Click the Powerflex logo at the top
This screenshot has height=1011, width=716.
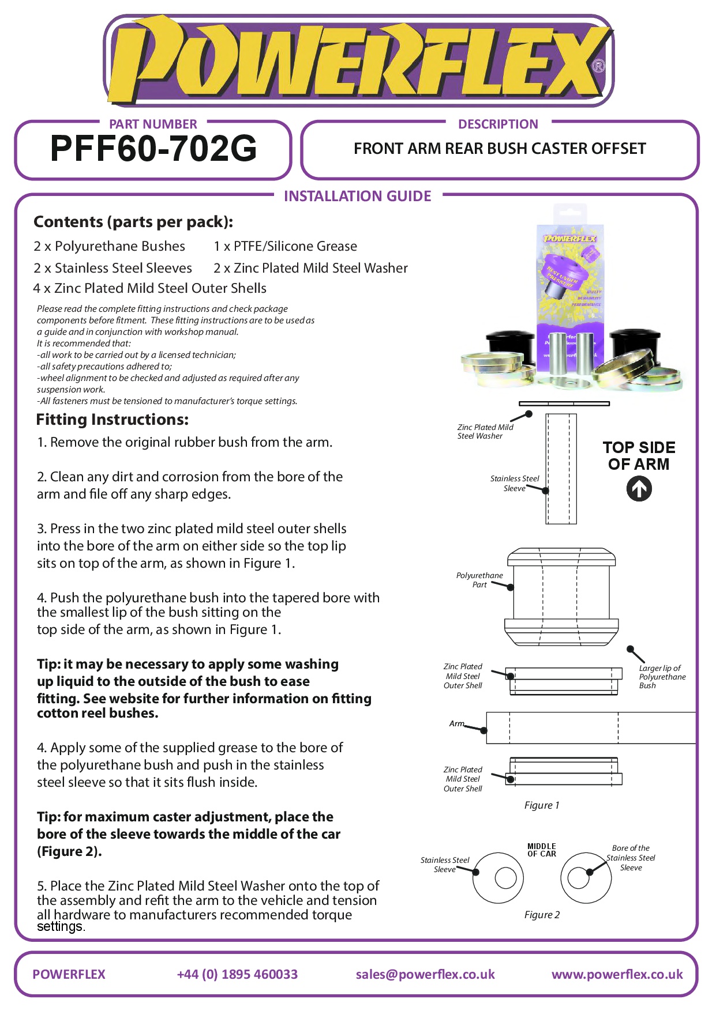tap(358, 61)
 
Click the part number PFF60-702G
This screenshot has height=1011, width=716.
tap(153, 149)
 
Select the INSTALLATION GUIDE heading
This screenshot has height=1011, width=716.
tap(357, 196)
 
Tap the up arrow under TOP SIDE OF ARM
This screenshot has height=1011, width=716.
tap(639, 489)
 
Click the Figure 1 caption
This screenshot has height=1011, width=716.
tap(541, 805)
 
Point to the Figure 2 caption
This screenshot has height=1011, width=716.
tap(541, 915)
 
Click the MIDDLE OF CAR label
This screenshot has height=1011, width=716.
tap(541, 850)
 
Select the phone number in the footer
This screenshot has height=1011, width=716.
tap(237, 974)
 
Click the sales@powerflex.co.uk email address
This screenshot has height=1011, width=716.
tap(425, 974)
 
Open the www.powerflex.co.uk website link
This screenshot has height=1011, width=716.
tap(617, 974)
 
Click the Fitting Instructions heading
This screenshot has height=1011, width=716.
tap(112, 420)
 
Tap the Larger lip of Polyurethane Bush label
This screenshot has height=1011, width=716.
tap(662, 677)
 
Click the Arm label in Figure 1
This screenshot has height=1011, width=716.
tap(456, 723)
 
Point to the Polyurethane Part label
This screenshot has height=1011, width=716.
tap(479, 580)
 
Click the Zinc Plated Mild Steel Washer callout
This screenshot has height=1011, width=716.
tap(485, 432)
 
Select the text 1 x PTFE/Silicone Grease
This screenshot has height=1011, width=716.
tap(285, 246)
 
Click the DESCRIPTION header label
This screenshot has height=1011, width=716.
tap(498, 124)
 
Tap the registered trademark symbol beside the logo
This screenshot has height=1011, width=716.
tap(599, 66)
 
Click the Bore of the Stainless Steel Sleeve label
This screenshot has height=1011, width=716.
tap(631, 858)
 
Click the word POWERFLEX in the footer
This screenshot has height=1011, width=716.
tap(69, 974)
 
